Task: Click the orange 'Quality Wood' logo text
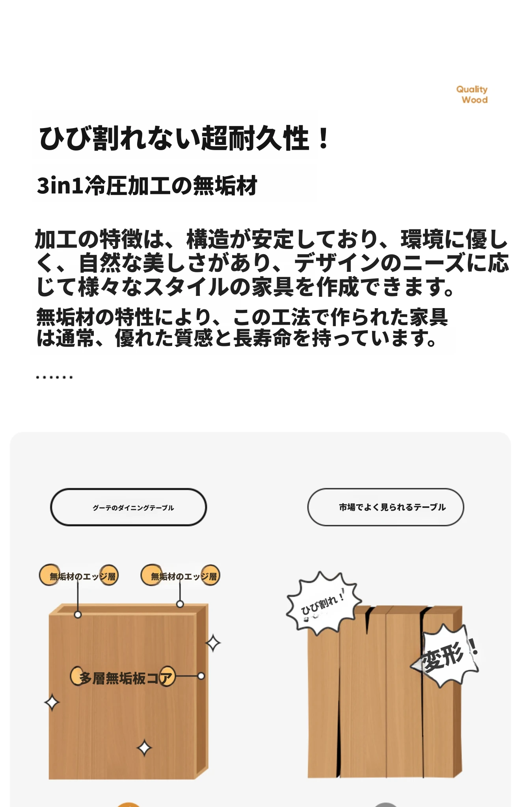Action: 472,95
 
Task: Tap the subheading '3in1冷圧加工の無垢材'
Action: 147,186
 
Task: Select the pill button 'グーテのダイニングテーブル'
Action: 128,507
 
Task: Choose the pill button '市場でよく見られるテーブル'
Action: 385,507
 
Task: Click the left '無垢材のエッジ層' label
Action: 78,576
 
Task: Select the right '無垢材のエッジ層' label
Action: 180,576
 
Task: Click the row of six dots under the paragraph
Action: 54,377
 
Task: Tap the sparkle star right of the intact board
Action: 213,643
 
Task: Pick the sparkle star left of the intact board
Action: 52,703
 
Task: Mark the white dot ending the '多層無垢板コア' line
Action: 201,676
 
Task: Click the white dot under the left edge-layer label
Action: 78,614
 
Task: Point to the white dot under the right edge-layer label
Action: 180,604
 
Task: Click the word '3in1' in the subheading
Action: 60,186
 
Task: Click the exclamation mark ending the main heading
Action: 324,138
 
